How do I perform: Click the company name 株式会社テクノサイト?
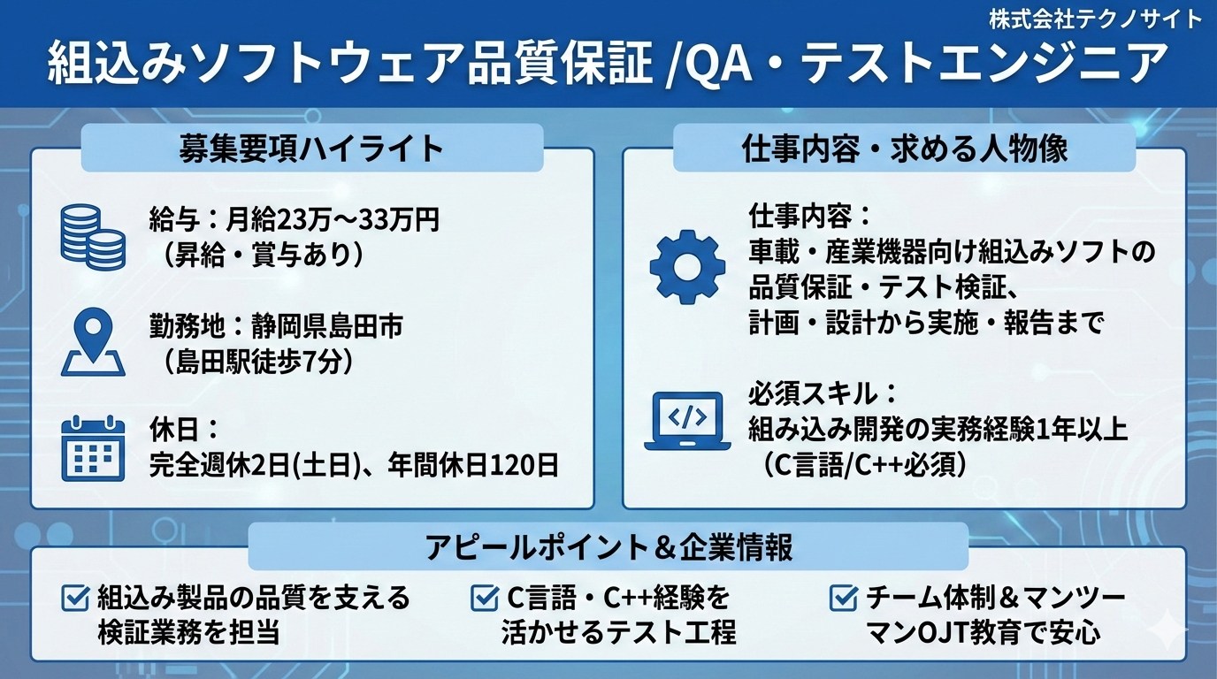[x=1094, y=20]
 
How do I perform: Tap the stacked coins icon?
[x=93, y=237]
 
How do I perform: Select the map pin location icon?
[x=93, y=341]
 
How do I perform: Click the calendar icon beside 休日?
[x=93, y=448]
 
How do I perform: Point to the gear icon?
[x=687, y=267]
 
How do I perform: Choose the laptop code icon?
[x=687, y=421]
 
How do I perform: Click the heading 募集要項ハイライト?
[x=312, y=149]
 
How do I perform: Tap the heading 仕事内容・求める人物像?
[x=905, y=149]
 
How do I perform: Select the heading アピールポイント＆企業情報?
[x=609, y=547]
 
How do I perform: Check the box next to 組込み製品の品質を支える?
[x=75, y=598]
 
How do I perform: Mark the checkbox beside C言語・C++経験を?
[x=484, y=598]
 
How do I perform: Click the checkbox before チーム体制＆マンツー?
[x=844, y=598]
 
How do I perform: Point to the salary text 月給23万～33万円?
[x=332, y=220]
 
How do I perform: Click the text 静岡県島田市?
[x=327, y=326]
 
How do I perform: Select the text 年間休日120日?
[x=473, y=466]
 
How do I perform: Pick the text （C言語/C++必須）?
[x=864, y=465]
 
